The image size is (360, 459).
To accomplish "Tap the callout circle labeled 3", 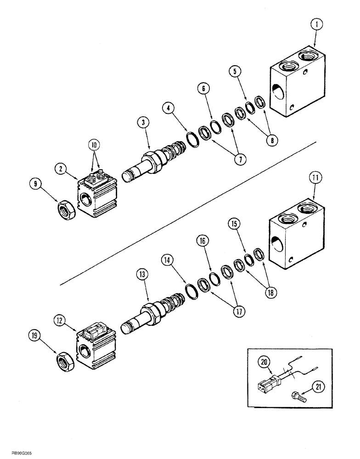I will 143,123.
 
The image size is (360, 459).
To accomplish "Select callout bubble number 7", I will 239,160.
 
